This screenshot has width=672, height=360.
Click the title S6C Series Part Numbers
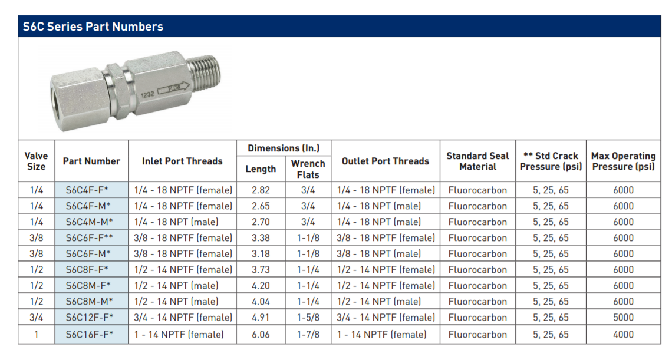click(93, 27)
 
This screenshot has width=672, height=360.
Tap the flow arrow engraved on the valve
click(173, 88)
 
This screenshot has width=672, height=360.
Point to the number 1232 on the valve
click(147, 94)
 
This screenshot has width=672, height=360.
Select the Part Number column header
click(91, 161)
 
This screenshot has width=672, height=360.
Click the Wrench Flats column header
click(308, 169)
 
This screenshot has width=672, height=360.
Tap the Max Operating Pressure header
click(624, 161)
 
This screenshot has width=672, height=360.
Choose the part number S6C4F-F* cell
click(87, 190)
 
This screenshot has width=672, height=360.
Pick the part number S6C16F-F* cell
click(90, 334)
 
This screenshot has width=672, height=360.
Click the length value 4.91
click(261, 317)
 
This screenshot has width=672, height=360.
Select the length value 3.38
click(261, 237)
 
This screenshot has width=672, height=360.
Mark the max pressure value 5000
click(623, 317)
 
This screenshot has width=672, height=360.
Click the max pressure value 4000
click(623, 334)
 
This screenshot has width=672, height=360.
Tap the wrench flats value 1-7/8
click(308, 334)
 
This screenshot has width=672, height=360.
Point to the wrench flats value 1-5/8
click(308, 317)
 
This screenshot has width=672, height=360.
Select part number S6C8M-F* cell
click(88, 285)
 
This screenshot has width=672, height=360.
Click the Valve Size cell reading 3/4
click(37, 317)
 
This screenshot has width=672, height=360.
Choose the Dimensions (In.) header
click(284, 148)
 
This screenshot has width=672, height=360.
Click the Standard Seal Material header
click(478, 161)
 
